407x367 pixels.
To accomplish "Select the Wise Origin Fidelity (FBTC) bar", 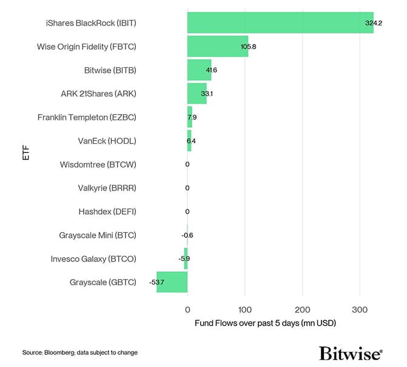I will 217,46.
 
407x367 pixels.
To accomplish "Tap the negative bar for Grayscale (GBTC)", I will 172,282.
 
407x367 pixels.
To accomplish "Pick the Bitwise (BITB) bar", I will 199,70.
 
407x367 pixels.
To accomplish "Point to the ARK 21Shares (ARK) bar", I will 197,93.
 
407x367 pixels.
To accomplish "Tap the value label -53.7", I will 157,283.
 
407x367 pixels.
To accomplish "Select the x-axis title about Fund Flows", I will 265,323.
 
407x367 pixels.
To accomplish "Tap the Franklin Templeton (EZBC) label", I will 87,117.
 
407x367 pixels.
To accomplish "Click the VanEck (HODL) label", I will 107,141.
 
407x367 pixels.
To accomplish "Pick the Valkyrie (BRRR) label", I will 107,188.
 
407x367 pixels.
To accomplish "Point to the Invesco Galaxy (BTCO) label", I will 93,259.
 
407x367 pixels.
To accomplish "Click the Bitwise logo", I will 351,353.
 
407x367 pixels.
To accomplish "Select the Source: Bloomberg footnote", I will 80,352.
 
